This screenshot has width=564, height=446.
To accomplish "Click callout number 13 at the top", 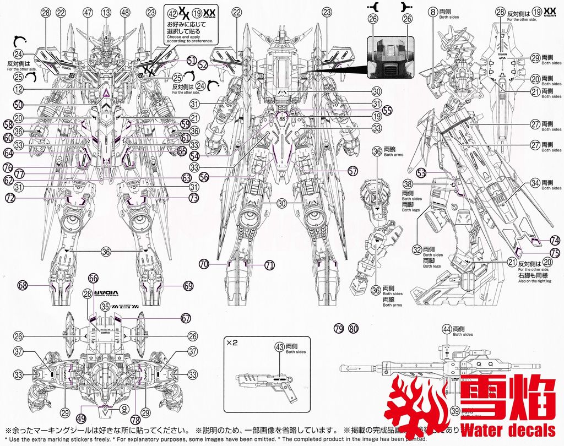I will click(x=106, y=12).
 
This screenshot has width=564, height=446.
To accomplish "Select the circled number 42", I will click(x=173, y=12).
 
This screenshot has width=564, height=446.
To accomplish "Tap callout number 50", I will click(x=18, y=104).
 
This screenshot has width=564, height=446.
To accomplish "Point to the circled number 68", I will click(x=23, y=285).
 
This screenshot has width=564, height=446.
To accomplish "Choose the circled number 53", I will click(x=422, y=172).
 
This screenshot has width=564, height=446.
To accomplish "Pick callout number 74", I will click(x=554, y=240).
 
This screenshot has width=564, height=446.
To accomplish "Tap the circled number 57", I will click(x=353, y=171).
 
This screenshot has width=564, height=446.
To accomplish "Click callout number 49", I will click(x=82, y=417).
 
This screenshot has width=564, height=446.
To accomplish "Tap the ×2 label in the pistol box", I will click(x=231, y=342).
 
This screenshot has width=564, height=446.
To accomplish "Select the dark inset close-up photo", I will click(x=389, y=57).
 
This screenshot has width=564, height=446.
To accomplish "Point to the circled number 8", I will click(x=433, y=12).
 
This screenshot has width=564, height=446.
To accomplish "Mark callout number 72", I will click(x=10, y=197).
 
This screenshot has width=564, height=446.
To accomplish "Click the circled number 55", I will click(x=387, y=110).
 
